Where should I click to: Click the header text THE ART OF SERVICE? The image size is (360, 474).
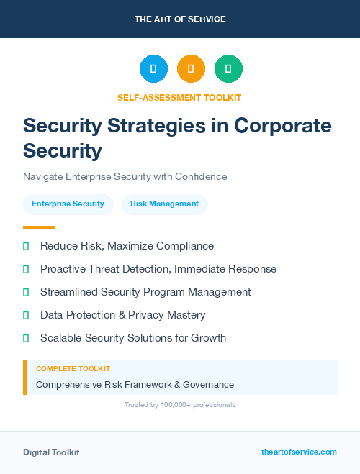coord(180,19)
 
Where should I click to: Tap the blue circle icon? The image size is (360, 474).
coord(153,69)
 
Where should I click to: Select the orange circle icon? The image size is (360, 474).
coord(191,69)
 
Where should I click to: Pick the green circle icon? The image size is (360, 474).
coord(228,69)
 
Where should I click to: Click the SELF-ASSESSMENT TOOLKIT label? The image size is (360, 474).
coord(179,97)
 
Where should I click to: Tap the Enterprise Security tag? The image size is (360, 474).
coord(68,204)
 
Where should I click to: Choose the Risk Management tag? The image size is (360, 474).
coord(164,204)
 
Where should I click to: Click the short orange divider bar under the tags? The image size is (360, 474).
coord(35,227)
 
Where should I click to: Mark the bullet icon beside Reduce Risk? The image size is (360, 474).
coord(26,246)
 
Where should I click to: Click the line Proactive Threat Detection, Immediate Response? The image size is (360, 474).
coord(158,269)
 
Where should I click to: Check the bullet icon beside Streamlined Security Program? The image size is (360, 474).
coord(26,292)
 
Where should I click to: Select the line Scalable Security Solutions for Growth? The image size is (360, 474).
coord(133,338)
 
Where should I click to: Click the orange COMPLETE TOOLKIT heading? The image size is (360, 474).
coord(68,369)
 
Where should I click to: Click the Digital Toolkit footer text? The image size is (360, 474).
coord(51,452)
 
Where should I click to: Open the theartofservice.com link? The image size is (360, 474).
coord(299,452)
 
